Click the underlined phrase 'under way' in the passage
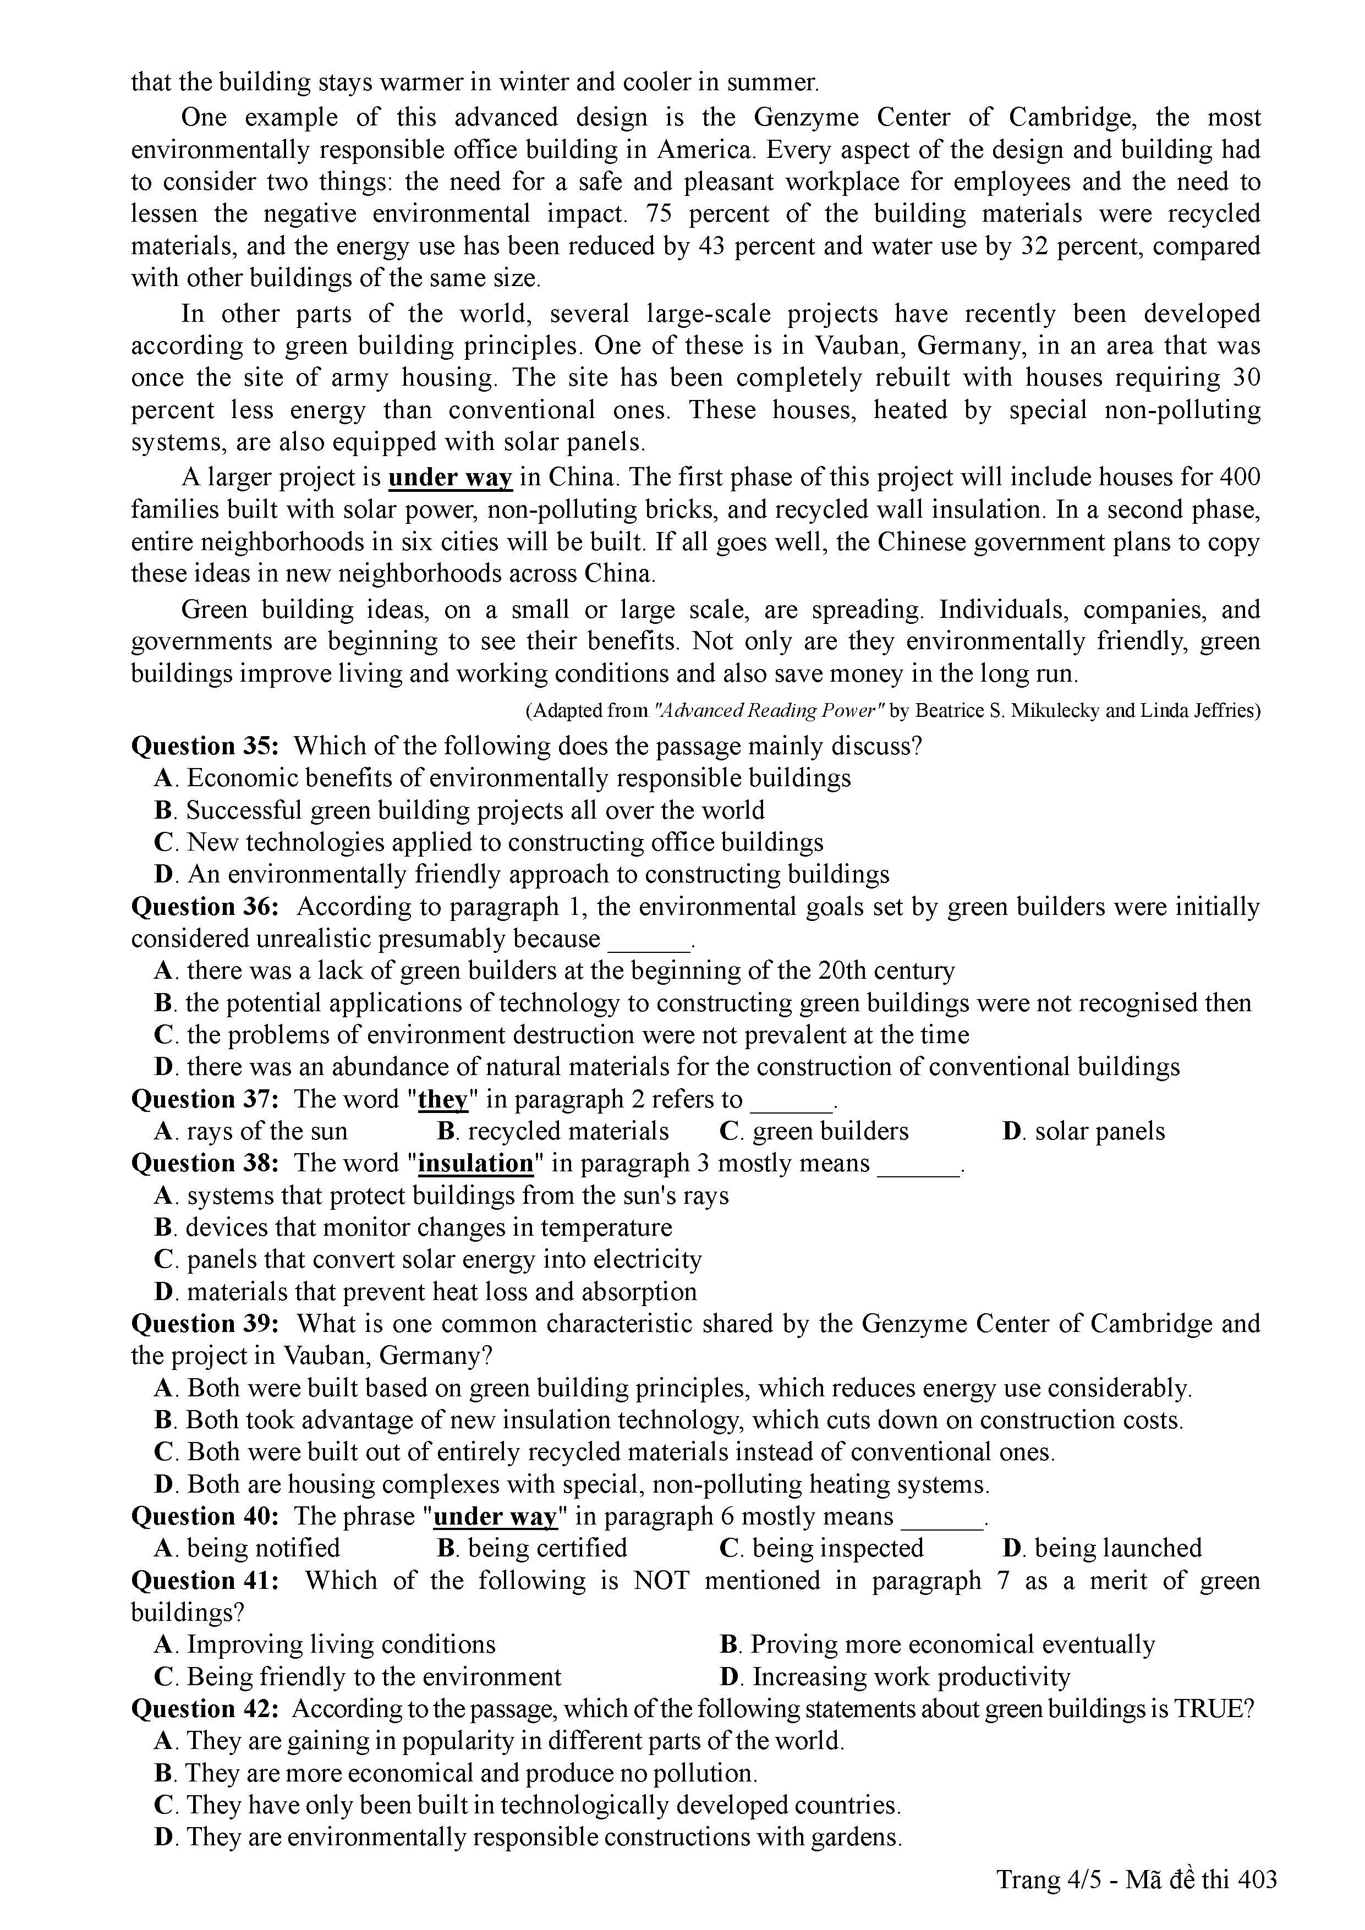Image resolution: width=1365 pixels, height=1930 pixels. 449,478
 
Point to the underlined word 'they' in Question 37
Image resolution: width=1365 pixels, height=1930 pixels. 442,1099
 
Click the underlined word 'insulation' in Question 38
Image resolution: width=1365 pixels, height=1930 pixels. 476,1164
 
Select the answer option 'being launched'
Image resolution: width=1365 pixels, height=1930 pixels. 1102,1548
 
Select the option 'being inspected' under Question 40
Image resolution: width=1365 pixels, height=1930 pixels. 822,1548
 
